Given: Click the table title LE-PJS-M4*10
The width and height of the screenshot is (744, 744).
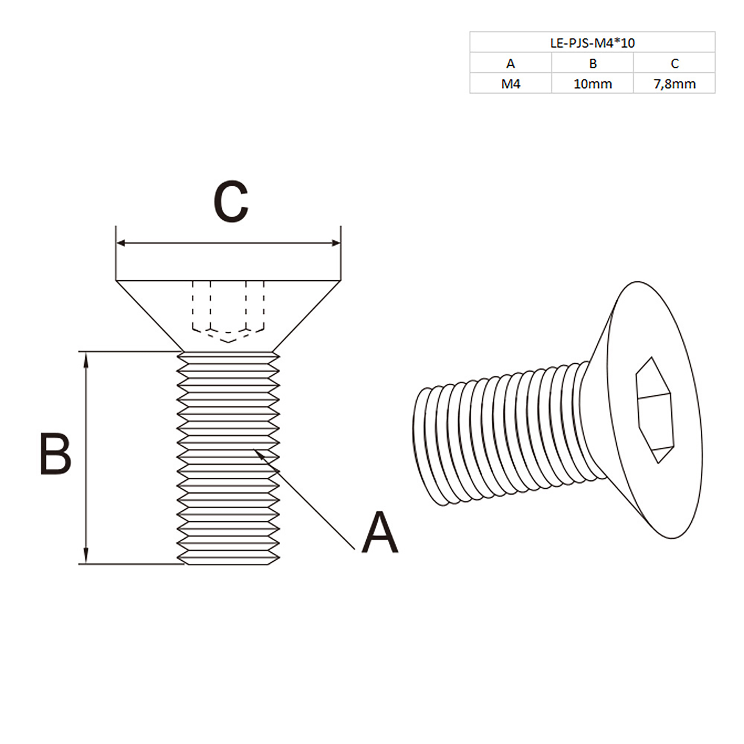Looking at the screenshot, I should [x=592, y=43].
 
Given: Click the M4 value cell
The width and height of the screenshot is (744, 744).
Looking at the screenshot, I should [x=510, y=84].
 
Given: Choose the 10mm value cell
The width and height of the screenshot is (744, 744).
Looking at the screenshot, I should [x=593, y=84].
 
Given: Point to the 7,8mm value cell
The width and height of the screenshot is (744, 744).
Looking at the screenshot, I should [x=674, y=84].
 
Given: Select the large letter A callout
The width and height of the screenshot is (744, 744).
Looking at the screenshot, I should [x=379, y=533].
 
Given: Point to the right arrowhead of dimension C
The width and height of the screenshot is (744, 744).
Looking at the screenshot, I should [x=336, y=243].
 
